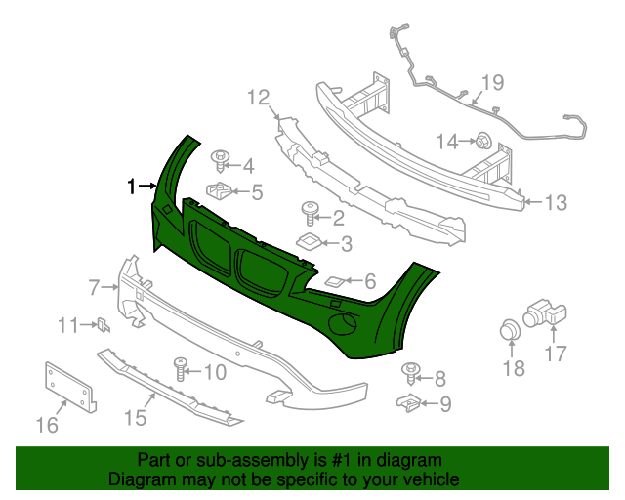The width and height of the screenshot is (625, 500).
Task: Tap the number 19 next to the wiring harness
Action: [491, 83]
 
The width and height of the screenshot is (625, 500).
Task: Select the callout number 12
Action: [257, 97]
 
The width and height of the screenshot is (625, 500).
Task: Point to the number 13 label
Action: [555, 203]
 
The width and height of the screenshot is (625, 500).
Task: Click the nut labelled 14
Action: [482, 142]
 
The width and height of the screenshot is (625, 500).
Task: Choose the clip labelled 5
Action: [220, 188]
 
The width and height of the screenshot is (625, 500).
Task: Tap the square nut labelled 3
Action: [309, 242]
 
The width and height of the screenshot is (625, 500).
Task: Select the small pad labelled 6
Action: [334, 281]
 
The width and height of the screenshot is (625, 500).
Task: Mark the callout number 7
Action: [95, 287]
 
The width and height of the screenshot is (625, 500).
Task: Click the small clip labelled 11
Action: [102, 325]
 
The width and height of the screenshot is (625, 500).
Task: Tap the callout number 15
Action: [135, 418]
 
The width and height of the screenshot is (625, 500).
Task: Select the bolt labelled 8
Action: [410, 371]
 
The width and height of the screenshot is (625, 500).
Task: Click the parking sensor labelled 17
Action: [544, 312]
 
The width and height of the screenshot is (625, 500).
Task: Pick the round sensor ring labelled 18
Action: [510, 330]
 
